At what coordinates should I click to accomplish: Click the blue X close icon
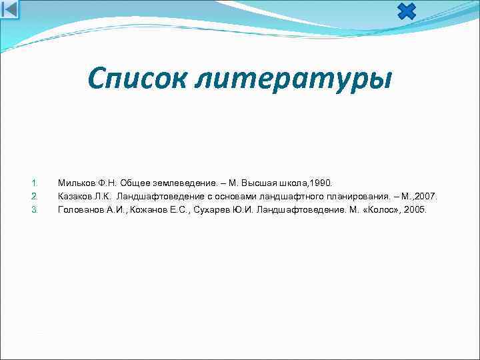point(406,11)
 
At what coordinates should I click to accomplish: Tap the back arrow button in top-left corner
point(11,9)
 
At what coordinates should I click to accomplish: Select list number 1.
point(35,183)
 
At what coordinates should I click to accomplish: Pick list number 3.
point(35,209)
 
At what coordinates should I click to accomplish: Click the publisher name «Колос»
point(378,209)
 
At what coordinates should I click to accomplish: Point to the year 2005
point(414,209)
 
